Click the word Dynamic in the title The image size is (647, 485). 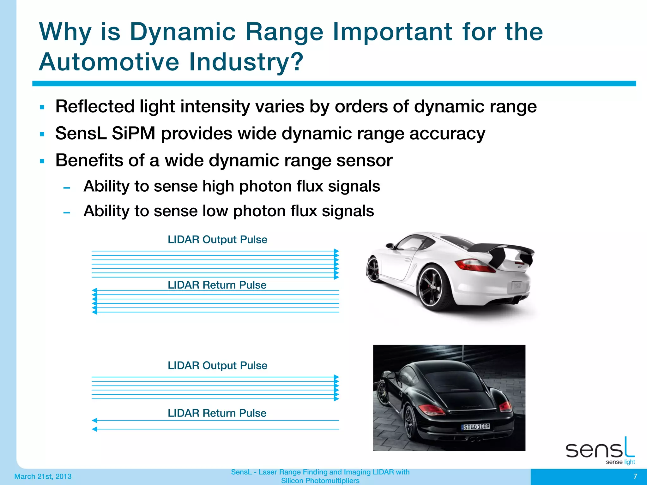(183, 33)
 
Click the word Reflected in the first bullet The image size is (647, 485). (95, 106)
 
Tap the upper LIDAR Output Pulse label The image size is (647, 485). (217, 239)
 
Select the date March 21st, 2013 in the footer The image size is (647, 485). (43, 476)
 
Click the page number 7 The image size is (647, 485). (635, 476)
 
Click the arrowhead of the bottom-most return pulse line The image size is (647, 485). (94, 429)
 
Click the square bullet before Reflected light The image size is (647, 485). (42, 107)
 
